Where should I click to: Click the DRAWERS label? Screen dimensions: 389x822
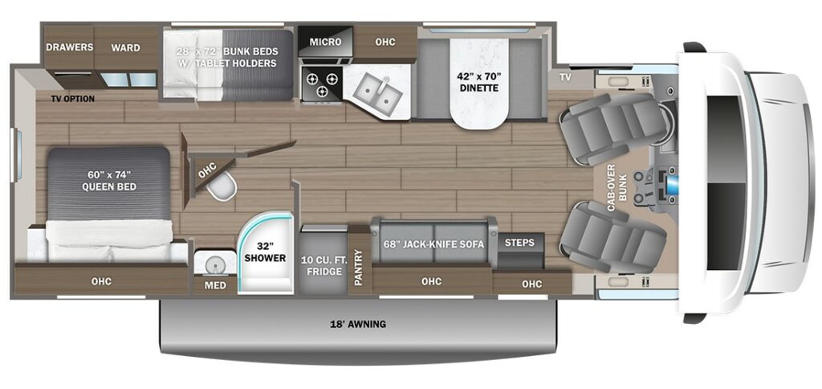click(x=69, y=47)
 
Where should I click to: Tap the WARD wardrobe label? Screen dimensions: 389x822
click(x=126, y=47)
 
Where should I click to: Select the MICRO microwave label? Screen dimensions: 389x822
click(x=325, y=42)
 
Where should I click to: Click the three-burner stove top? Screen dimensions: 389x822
click(x=320, y=84)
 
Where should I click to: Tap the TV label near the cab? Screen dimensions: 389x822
click(x=566, y=77)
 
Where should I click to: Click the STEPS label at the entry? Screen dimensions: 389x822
click(x=520, y=242)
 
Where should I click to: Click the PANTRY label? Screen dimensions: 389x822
click(x=359, y=266)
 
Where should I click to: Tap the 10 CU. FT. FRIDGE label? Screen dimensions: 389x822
click(x=324, y=265)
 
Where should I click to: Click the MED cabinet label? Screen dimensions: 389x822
click(x=214, y=285)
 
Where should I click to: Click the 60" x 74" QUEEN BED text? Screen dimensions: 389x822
click(x=108, y=180)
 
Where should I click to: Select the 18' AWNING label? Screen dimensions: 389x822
click(x=357, y=325)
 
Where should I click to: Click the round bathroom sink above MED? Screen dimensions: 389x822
click(x=214, y=264)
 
